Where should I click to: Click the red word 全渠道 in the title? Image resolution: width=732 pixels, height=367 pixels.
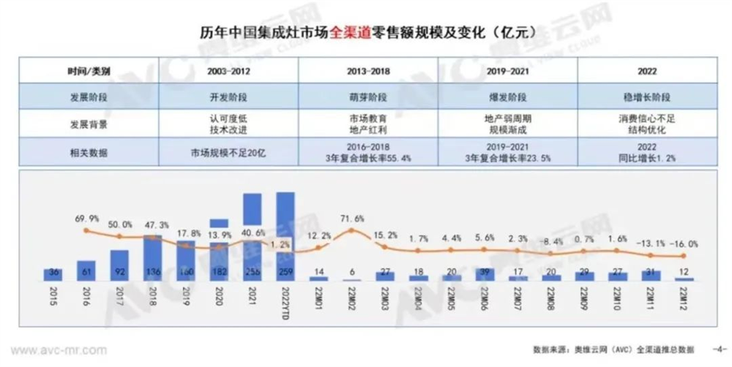353,31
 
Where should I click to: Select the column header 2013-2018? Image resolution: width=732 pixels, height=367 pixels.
368,72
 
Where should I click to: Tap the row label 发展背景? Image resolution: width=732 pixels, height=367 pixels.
87,124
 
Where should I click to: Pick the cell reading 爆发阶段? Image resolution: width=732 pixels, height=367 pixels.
507,96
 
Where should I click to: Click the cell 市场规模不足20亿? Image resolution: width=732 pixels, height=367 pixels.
228,152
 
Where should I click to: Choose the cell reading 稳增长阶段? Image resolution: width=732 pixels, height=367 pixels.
646,96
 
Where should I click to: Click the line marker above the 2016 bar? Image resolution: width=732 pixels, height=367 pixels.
87,232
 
